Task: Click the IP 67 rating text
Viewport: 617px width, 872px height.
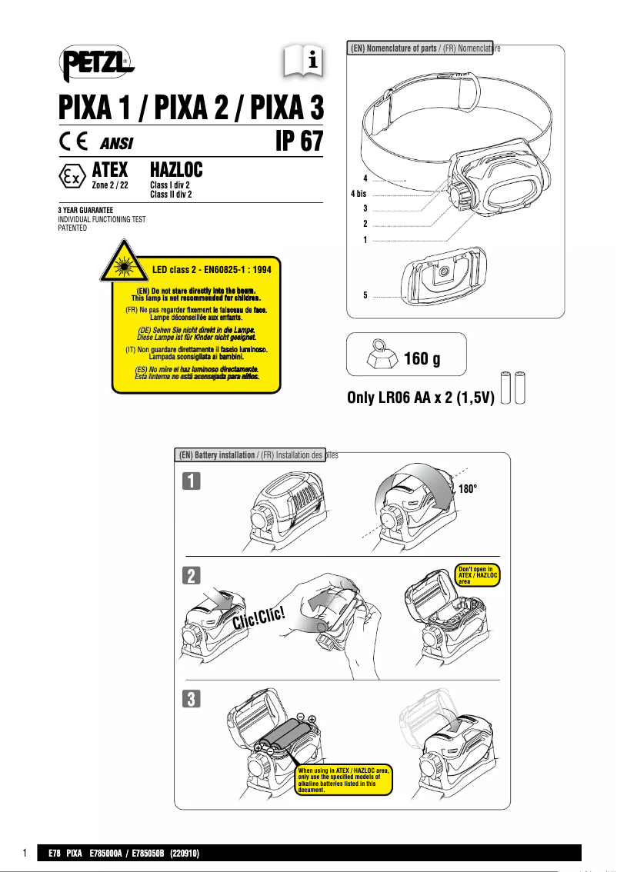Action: [298, 142]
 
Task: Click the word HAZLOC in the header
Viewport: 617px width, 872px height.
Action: [175, 168]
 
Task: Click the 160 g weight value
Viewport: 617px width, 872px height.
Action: [427, 359]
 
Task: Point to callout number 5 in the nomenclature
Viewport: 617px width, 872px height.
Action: [365, 295]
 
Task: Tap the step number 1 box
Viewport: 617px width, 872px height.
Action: [192, 481]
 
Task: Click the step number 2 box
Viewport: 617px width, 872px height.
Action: [192, 575]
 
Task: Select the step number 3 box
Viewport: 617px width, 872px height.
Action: [192, 698]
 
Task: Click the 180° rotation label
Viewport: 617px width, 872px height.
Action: [472, 489]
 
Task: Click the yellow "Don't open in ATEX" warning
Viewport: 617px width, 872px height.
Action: [478, 576]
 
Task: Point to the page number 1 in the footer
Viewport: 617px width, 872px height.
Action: [25, 854]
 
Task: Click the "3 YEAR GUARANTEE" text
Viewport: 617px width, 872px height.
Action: [86, 210]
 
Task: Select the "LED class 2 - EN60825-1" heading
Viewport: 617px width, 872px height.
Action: [212, 270]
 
